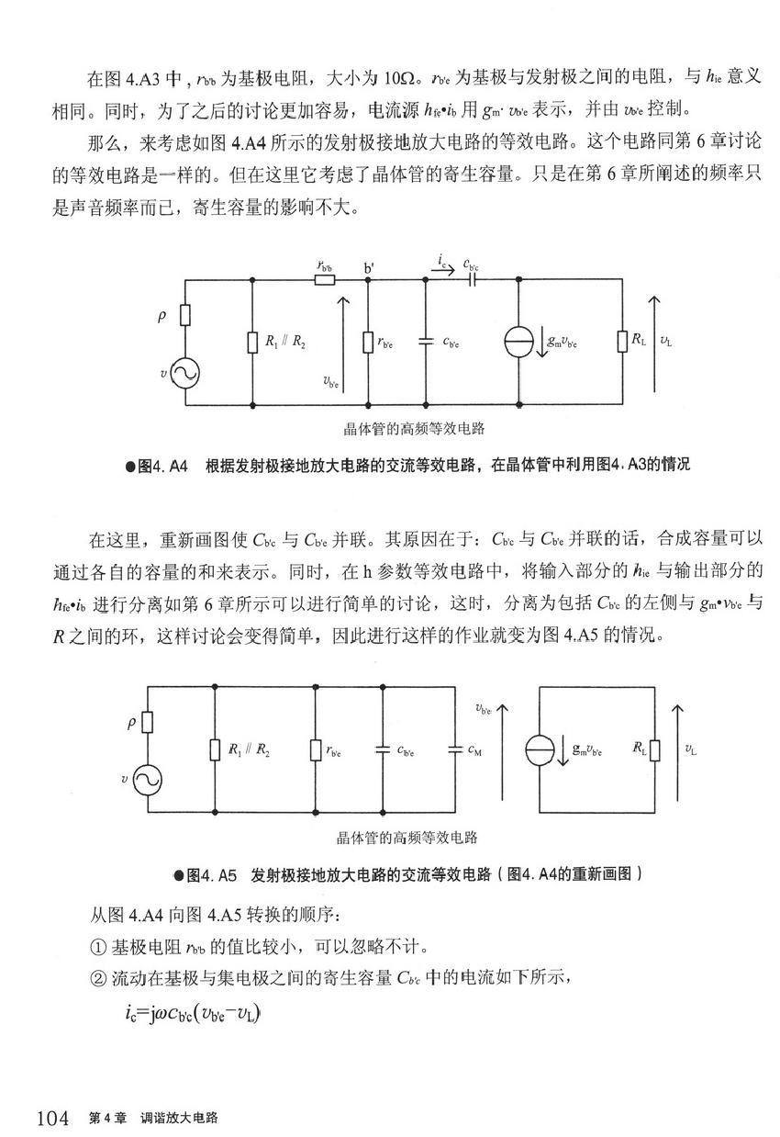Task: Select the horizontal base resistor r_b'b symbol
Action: coord(324,278)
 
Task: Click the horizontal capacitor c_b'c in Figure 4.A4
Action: coord(472,278)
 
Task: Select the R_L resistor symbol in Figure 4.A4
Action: coord(623,341)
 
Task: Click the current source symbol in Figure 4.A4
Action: coord(519,341)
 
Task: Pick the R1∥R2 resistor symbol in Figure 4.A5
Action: coord(215,749)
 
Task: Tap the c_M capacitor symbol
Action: coord(453,749)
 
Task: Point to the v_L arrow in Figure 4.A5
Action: coord(676,749)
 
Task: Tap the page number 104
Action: coord(53,1118)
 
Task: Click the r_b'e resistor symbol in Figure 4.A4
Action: coord(368,341)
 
